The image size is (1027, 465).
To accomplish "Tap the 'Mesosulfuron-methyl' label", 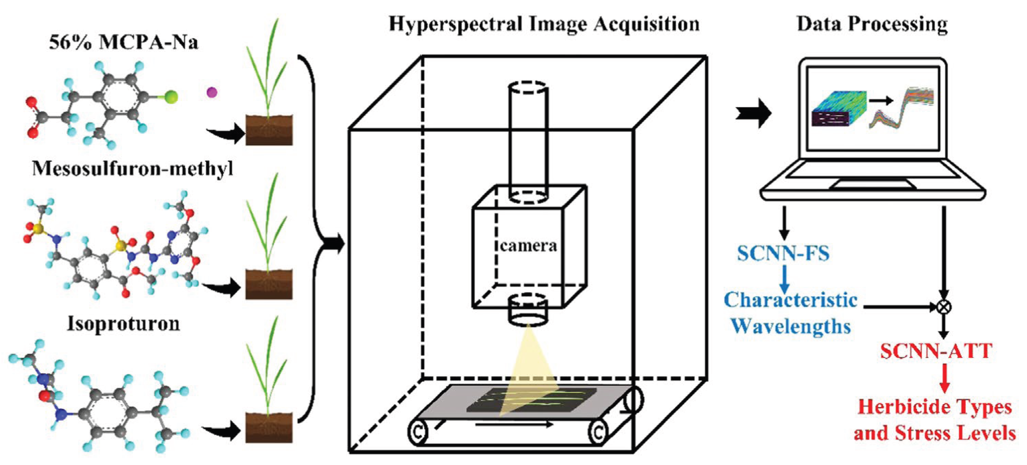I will point(132,169).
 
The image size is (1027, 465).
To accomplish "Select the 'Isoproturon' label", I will point(124,324).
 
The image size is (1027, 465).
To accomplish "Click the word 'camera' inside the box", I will point(528,246).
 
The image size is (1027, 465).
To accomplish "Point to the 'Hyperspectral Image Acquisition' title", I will point(544,24).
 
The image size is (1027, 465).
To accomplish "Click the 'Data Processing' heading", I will point(872,24).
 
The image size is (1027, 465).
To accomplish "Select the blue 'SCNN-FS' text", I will point(783,254).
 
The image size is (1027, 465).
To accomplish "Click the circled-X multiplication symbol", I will point(943,307).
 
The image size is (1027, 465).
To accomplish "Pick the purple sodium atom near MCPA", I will point(212,93).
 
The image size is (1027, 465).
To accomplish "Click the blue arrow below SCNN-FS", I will point(784,279).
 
